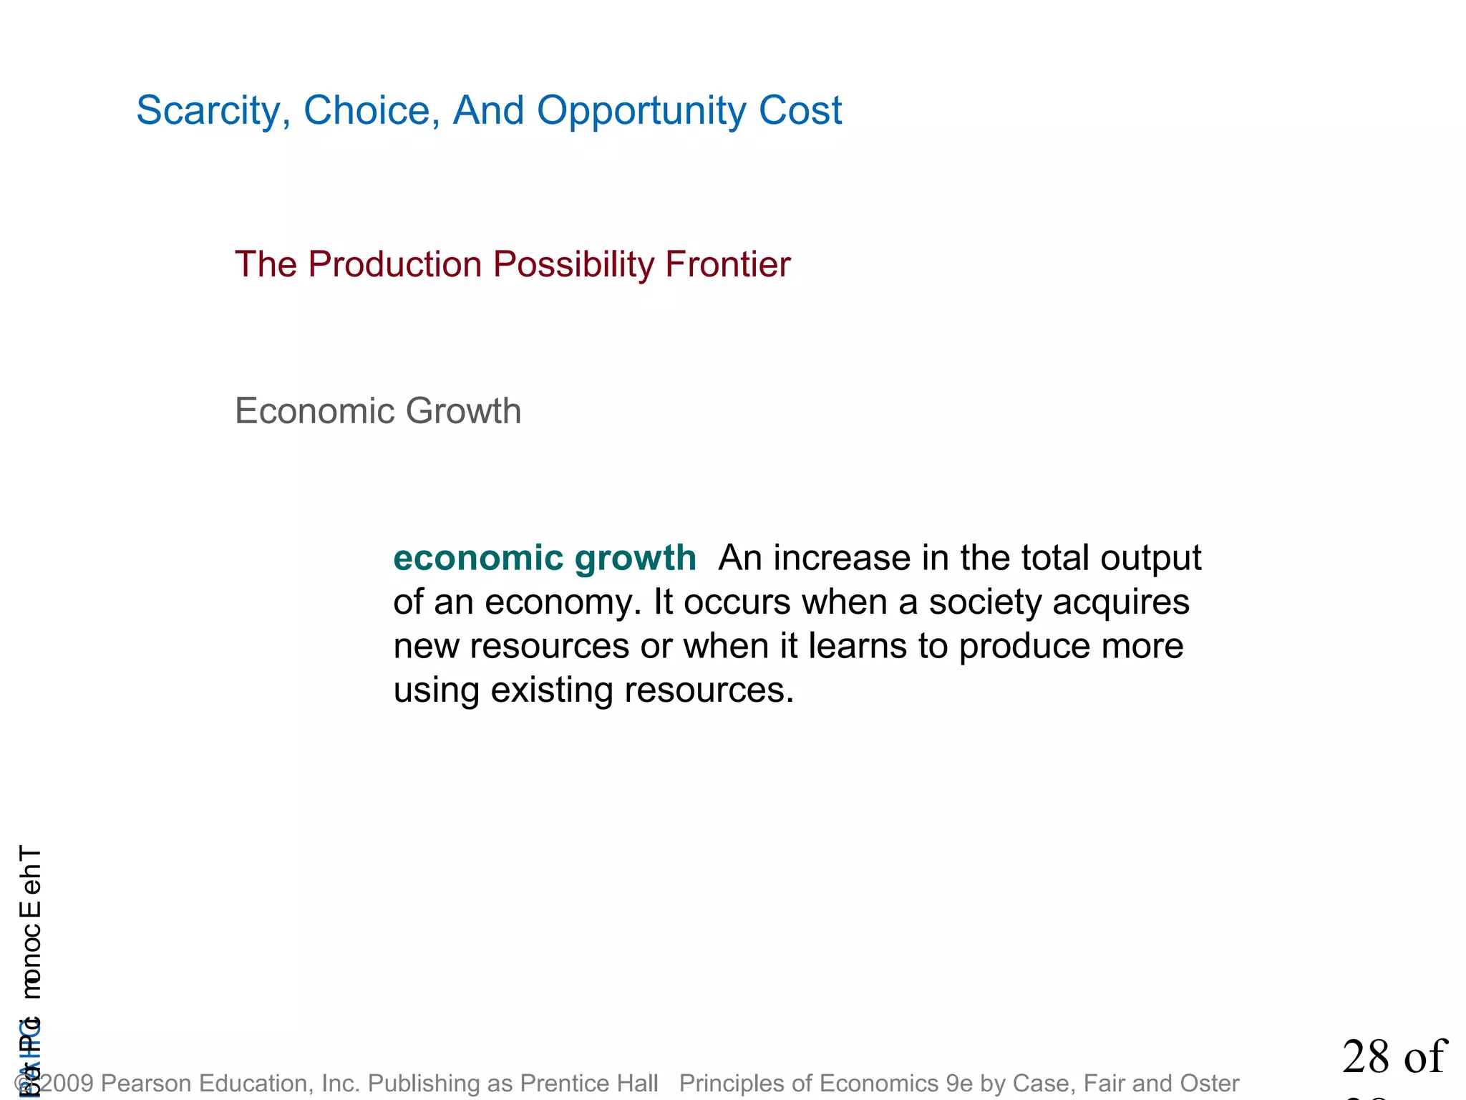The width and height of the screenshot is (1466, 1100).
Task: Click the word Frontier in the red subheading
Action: pyautogui.click(x=727, y=264)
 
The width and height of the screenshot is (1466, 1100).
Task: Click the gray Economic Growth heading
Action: pyautogui.click(x=378, y=411)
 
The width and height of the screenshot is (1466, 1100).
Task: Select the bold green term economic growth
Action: pyautogui.click(x=545, y=559)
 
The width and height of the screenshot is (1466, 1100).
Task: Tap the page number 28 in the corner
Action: pyautogui.click(x=1367, y=1057)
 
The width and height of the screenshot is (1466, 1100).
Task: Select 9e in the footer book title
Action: pyautogui.click(x=959, y=1084)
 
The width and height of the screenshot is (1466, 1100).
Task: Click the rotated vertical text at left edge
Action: pyautogui.click(x=30, y=924)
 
